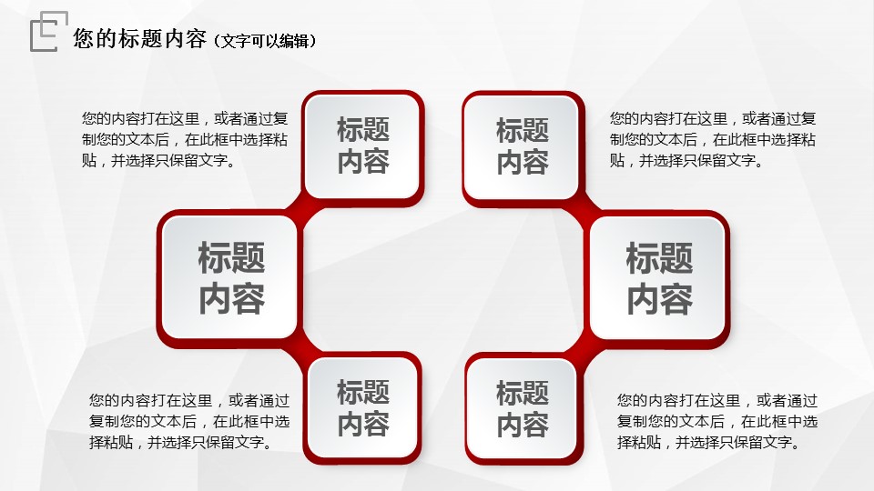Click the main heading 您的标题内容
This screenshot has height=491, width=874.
coord(140,39)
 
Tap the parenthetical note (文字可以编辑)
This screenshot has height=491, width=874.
coord(265,41)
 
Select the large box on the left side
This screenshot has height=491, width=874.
coord(229,278)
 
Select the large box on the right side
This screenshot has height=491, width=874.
coord(657,278)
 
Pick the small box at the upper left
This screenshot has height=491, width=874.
coord(363,146)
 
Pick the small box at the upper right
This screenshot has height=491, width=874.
coord(523,146)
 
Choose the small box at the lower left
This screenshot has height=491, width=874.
coord(362,408)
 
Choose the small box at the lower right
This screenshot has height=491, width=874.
coord(523,408)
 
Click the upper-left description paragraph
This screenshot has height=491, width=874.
coord(185,139)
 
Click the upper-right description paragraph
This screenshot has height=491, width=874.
coord(712,139)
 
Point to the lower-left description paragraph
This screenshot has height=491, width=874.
coord(189,421)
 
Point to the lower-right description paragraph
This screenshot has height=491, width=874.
coord(716,421)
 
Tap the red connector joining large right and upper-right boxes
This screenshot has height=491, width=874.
coord(582,207)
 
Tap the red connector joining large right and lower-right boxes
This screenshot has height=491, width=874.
coord(582,349)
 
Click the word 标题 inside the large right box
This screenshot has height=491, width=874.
coord(659,258)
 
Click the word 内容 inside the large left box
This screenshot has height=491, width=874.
coord(232,299)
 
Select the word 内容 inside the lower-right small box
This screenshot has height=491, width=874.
coord(523,425)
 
